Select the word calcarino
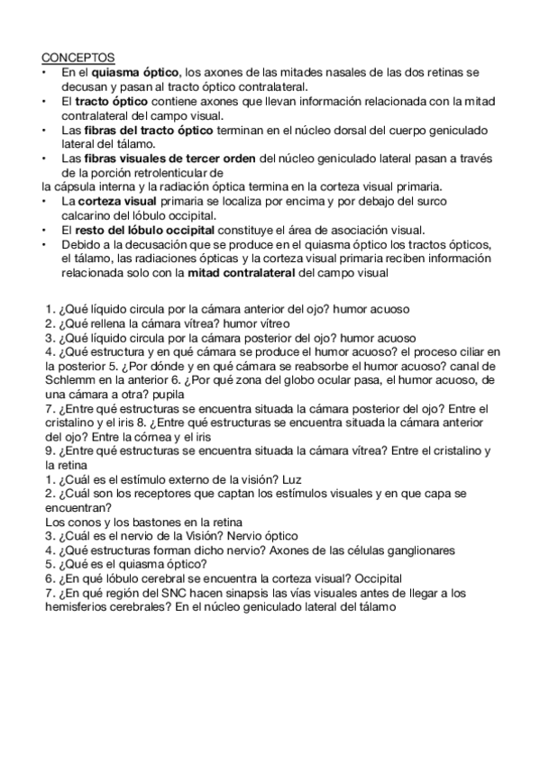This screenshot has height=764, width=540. (86, 215)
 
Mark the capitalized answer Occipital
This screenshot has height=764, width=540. (374, 578)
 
